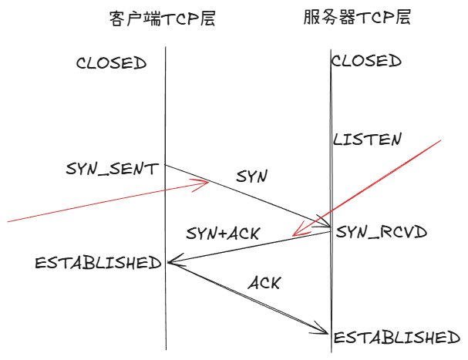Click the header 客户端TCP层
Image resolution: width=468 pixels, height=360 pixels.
coord(162,19)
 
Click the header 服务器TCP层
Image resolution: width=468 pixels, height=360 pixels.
coord(357,18)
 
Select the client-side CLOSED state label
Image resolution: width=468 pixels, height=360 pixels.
coord(111,63)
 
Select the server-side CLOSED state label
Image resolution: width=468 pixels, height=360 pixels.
coord(366,61)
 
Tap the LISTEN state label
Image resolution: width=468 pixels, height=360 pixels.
coord(367,140)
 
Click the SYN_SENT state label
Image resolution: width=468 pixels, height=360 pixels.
coord(113,168)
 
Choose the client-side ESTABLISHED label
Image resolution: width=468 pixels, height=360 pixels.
coord(98,263)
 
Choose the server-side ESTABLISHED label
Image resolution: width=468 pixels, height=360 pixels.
coord(396,337)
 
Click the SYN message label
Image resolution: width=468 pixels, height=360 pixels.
coord(251,177)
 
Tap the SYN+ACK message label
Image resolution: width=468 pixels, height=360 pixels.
coord(224,233)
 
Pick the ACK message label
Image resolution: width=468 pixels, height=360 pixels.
coord(264,282)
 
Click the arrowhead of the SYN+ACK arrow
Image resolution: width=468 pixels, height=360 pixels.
coord(170,264)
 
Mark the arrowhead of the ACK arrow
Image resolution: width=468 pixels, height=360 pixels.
coord(327,332)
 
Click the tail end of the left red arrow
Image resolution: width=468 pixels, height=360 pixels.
coord(8,221)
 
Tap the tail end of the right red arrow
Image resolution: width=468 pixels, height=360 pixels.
coord(440,140)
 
